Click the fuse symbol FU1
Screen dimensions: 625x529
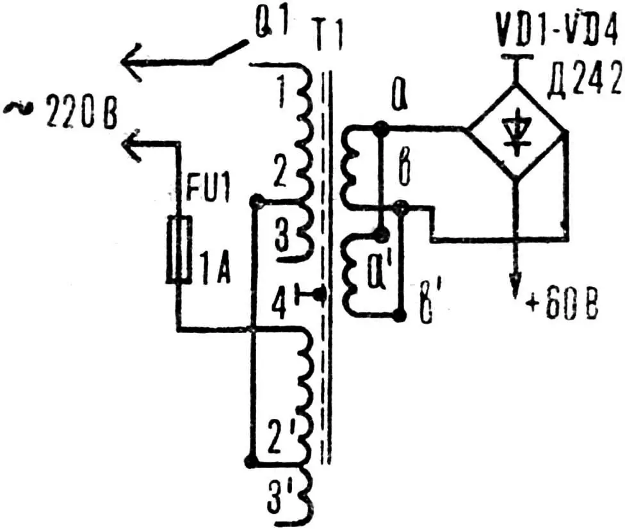pyautogui.click(x=179, y=250)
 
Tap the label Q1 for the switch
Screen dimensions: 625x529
pyautogui.click(x=272, y=26)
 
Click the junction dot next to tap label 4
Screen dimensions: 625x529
pyautogui.click(x=320, y=295)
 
